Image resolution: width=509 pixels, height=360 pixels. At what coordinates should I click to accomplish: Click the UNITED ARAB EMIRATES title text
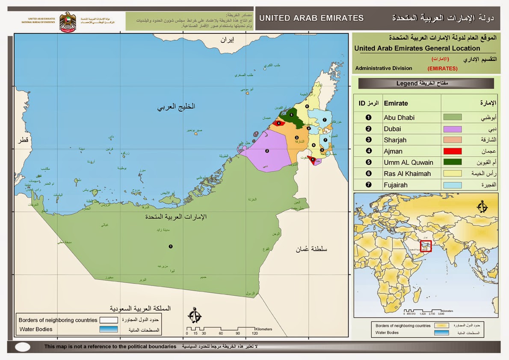coord(311,18)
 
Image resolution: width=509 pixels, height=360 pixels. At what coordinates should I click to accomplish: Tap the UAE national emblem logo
coord(67,24)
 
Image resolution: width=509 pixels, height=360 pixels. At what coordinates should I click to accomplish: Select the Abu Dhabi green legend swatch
coord(452,117)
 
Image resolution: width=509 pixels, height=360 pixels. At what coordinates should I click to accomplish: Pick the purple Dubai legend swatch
coord(452,129)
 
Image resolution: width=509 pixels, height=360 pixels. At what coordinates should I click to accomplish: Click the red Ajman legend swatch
coord(452,151)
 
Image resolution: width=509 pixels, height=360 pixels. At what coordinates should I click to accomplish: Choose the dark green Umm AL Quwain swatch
coord(452,162)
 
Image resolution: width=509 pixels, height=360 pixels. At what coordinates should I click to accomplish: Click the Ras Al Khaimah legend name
coord(407,174)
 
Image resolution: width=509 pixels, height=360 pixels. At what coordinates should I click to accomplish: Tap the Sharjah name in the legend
coord(395,140)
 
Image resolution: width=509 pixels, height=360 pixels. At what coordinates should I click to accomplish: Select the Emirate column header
coord(396,103)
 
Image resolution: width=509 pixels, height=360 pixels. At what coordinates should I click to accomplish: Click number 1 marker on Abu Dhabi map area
coord(171,247)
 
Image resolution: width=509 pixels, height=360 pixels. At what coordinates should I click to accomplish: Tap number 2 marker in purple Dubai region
coord(267,151)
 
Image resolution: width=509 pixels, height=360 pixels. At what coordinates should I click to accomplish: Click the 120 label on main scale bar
coord(254,333)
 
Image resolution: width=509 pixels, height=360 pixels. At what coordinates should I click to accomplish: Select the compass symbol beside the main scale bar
coord(195,316)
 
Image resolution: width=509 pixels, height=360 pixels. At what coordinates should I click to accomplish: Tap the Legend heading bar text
coord(426,83)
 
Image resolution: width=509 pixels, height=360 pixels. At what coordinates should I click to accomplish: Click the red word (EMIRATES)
coord(442,68)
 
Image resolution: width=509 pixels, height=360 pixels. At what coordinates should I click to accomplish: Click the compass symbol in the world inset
coord(482,207)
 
